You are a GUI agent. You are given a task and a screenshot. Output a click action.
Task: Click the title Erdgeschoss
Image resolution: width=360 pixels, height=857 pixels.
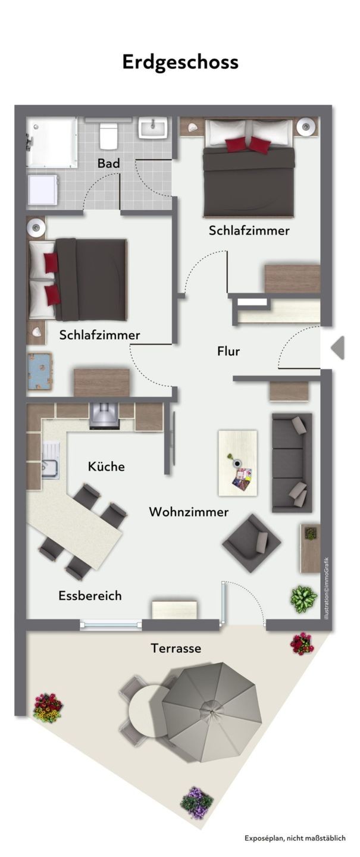point(180,62)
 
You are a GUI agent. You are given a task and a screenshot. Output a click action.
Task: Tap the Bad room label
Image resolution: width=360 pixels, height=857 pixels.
point(109,163)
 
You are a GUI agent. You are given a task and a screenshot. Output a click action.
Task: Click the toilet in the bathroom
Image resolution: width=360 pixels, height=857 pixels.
point(108,136)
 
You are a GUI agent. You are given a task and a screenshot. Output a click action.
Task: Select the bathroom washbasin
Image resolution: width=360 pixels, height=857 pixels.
point(153,128)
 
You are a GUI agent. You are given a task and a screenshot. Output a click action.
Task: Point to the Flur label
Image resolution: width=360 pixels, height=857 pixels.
point(228,351)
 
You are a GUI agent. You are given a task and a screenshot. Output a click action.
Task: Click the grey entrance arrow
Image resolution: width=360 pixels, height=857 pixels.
point(338,348)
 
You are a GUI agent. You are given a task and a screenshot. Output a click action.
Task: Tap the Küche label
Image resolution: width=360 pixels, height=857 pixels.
point(106,467)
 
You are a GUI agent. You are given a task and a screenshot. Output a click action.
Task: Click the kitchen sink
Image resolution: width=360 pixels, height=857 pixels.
point(50,461)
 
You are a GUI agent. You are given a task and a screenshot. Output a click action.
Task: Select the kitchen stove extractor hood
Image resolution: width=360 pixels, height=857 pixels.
point(105,416)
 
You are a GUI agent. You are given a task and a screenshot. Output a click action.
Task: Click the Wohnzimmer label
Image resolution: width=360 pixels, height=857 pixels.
point(189,512)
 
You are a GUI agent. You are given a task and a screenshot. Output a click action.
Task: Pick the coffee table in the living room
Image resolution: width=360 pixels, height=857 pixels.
point(237,463)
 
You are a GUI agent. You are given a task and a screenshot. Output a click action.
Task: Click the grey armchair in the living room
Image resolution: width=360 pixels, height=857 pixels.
point(252,543)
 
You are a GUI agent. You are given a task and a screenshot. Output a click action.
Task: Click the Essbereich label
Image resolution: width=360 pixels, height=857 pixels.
point(90,596)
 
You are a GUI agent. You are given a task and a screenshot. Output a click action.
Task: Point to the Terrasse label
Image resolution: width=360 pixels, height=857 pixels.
point(176,648)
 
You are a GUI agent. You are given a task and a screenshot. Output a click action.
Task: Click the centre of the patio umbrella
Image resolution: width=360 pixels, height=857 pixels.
point(212,712)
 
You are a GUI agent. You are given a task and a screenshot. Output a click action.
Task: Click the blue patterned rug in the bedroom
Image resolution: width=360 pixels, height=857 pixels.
point(39,371)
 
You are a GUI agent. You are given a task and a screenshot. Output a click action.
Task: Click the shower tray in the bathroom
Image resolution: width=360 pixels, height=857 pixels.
point(52,142)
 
